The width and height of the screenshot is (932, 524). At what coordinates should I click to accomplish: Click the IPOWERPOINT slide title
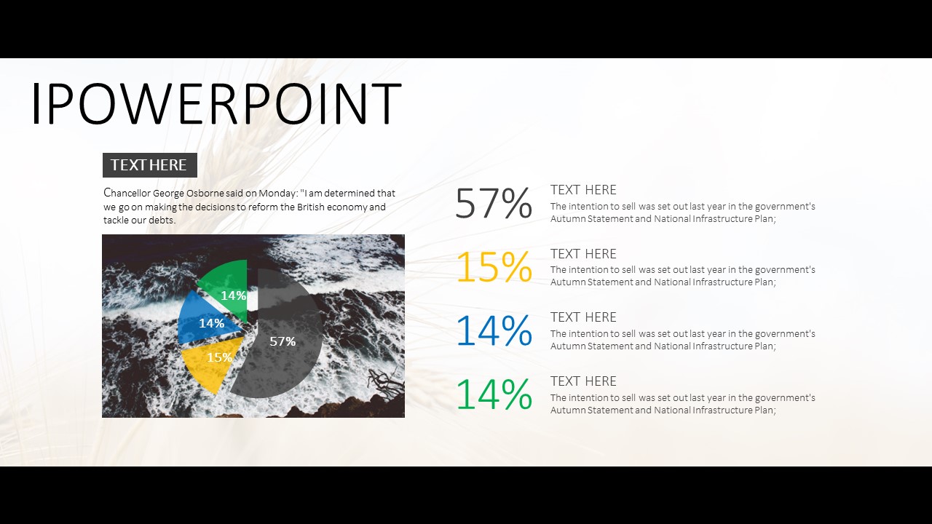[x=216, y=103]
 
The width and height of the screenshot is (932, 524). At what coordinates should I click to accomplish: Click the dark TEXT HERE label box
[x=150, y=165]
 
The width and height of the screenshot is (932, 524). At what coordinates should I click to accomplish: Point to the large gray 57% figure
[x=494, y=203]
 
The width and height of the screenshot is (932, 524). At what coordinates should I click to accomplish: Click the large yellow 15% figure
[x=494, y=266]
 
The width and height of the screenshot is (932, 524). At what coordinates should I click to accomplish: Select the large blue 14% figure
[x=494, y=330]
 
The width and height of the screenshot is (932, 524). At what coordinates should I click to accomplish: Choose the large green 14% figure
[x=494, y=394]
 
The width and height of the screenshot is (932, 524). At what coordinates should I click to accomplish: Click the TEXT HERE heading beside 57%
[x=583, y=190]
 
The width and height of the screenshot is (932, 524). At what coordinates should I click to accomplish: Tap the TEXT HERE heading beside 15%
[x=583, y=254]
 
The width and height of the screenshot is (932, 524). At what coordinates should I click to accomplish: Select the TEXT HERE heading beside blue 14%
[x=583, y=317]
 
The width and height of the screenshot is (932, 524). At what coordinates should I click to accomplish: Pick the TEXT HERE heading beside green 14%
[x=583, y=381]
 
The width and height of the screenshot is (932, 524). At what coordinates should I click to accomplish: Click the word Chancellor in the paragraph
[x=127, y=193]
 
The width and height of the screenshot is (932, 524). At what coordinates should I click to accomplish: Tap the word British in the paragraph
[x=310, y=207]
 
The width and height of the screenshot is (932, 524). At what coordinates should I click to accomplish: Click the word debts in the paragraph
[x=162, y=220]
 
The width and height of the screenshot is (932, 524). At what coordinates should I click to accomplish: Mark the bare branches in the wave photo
[x=385, y=383]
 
